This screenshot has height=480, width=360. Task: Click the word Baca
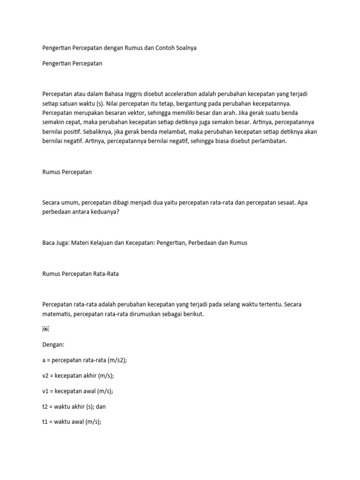coord(49,243)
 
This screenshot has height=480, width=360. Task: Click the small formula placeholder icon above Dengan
coord(45,330)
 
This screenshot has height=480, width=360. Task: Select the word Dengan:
coord(53,345)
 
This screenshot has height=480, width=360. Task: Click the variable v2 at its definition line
coord(46,375)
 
